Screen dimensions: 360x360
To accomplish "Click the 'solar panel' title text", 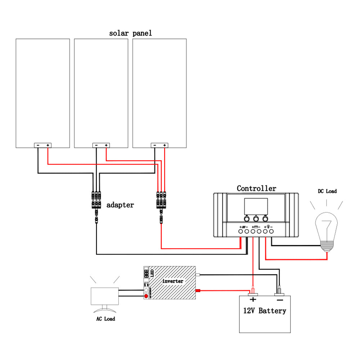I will [130, 33].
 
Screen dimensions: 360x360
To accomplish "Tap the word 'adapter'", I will [120, 205].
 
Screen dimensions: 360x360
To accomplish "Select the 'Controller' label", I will [256, 188].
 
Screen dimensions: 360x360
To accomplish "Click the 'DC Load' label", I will [327, 191].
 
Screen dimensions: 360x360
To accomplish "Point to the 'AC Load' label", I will [105, 319].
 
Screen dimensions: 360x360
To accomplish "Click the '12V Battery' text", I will [265, 311].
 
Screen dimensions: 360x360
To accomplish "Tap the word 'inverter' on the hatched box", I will [173, 281].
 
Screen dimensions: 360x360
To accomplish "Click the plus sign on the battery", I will [253, 300].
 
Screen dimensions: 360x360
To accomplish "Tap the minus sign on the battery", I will [279, 300].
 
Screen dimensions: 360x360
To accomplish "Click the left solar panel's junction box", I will [43, 145].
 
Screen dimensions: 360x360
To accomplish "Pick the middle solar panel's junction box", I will [101, 145].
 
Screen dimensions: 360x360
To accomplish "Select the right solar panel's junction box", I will [159, 145].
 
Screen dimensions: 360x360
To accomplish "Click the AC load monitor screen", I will [105, 297].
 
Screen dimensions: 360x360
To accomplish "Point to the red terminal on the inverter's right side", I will [198, 291].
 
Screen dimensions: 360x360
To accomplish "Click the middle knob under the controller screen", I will [256, 219].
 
